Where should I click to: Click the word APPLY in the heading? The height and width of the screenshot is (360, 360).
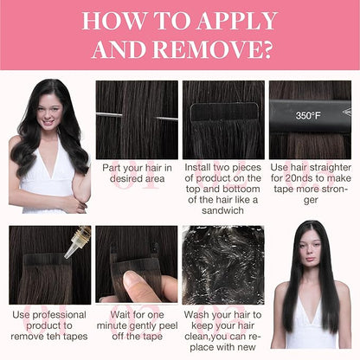click(236, 21)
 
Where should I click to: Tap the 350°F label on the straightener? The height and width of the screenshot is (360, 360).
click(308, 116)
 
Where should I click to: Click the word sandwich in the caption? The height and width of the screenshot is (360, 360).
click(222, 210)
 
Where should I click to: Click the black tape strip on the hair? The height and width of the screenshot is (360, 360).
click(224, 112)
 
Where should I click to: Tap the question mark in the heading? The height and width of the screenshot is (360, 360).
click(267, 49)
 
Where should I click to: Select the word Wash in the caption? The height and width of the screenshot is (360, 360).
click(196, 315)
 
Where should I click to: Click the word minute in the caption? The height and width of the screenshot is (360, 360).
click(111, 326)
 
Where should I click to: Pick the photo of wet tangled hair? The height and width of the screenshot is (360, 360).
click(223, 265)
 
